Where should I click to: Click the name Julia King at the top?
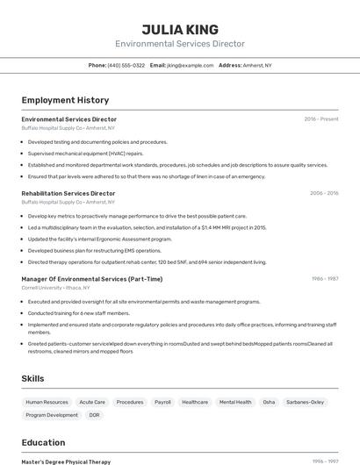click(180, 29)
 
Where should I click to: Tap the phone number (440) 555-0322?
click(126, 66)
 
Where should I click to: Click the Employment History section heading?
click(65, 100)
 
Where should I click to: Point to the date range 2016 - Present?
click(321, 119)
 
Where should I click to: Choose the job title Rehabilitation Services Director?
click(68, 193)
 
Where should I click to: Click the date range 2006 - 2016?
click(324, 193)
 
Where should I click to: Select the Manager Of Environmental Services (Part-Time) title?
click(92, 279)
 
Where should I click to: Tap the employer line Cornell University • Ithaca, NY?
click(57, 288)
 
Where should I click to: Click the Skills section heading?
click(33, 378)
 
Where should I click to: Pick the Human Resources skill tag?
click(47, 402)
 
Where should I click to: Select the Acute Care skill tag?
click(92, 402)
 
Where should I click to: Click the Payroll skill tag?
click(162, 402)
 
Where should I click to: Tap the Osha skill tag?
click(269, 402)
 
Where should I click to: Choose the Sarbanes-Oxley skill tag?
click(306, 402)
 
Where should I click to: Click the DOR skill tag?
click(95, 415)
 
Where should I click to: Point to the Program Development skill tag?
click(52, 415)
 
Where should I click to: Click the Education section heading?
click(43, 442)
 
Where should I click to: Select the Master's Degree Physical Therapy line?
click(66, 461)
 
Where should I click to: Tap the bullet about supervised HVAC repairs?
click(85, 153)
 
